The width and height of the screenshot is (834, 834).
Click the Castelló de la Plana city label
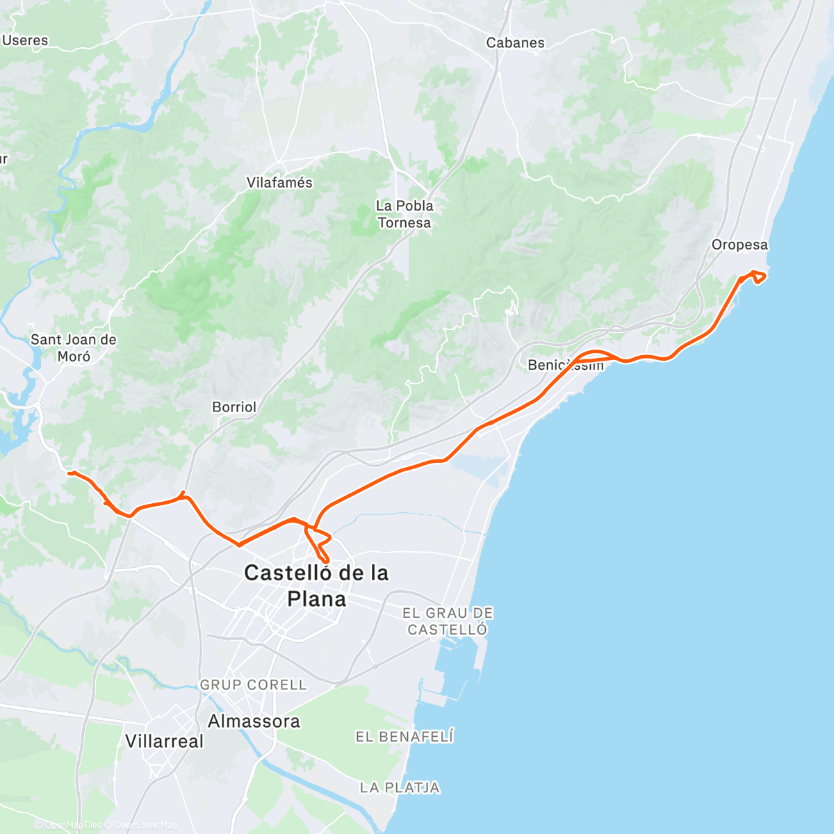pyautogui.click(x=316, y=585)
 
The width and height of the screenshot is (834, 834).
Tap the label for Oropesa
pyautogui.click(x=739, y=245)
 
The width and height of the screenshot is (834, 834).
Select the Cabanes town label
pyautogui.click(x=515, y=42)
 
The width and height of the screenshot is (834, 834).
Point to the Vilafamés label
pyautogui.click(x=279, y=183)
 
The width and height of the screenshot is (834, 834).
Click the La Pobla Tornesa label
pyautogui.click(x=404, y=214)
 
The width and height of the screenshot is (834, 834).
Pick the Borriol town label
pyautogui.click(x=234, y=407)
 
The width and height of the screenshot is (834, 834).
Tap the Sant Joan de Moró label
pyautogui.click(x=74, y=347)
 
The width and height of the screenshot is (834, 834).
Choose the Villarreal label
pyautogui.click(x=165, y=741)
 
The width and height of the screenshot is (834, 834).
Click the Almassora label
pyautogui.click(x=254, y=721)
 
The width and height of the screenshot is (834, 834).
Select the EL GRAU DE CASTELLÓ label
pyautogui.click(x=448, y=621)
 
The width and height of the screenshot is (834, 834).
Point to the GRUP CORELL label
pyautogui.click(x=253, y=685)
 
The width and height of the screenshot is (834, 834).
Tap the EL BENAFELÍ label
pyautogui.click(x=404, y=737)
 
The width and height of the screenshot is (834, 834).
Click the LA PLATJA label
pyautogui.click(x=400, y=787)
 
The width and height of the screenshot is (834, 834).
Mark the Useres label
pyautogui.click(x=25, y=40)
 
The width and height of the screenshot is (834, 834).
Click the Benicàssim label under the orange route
pyautogui.click(x=565, y=365)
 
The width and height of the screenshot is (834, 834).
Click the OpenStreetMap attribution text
pyautogui.click(x=146, y=825)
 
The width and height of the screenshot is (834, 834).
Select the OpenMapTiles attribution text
pyautogui.click(x=73, y=825)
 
